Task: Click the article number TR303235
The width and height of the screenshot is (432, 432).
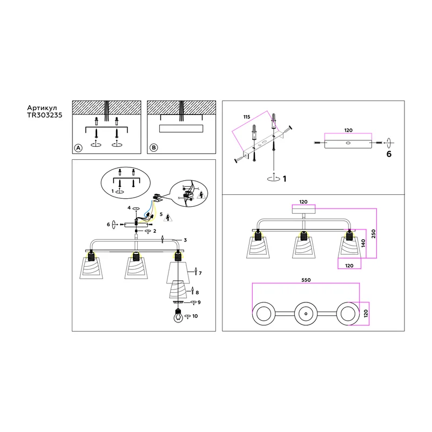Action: (45, 115)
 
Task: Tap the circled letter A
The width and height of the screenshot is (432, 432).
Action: (78, 148)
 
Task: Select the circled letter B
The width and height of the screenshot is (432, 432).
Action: (154, 147)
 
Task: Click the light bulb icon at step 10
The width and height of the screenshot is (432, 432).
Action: (178, 316)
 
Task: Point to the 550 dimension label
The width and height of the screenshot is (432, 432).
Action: (306, 280)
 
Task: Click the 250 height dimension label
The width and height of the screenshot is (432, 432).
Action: (373, 234)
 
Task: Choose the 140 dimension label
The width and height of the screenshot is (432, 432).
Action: (363, 243)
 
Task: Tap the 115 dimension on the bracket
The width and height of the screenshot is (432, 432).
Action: (247, 117)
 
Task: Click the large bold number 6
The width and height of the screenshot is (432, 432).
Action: (389, 154)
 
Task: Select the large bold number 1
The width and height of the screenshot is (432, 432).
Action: (285, 179)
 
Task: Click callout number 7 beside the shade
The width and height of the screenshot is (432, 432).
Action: (200, 273)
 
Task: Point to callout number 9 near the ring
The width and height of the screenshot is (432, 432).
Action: (199, 302)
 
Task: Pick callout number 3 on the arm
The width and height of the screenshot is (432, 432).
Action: (185, 240)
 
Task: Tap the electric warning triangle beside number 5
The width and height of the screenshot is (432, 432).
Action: (168, 218)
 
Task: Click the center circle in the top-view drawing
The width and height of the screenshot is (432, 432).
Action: (306, 314)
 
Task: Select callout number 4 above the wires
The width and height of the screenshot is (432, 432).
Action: (129, 208)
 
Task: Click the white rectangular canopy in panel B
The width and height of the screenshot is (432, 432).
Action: (181, 129)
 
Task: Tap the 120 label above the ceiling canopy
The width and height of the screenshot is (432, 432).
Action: (303, 202)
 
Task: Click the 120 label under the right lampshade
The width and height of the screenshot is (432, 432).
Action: (349, 266)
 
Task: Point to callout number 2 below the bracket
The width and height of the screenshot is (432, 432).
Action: (154, 231)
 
